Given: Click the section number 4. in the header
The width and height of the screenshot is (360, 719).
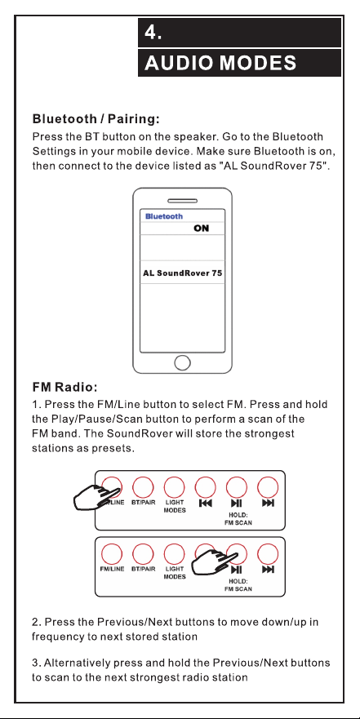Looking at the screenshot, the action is click(x=153, y=33).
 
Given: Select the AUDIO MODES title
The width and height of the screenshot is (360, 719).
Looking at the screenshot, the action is click(x=220, y=63).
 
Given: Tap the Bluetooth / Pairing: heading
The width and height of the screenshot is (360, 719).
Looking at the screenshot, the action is click(x=96, y=120).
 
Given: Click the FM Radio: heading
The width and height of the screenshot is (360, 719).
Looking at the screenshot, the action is click(x=64, y=388).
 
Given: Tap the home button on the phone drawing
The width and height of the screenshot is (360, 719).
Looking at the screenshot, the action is click(x=183, y=362).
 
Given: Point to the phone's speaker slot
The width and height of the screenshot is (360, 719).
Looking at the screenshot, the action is click(x=183, y=201).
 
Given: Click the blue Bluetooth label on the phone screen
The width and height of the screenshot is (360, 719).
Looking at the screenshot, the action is click(x=164, y=216).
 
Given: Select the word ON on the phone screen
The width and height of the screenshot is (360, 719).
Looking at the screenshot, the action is click(x=202, y=228).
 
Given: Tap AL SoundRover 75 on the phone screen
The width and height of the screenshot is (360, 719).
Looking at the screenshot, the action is click(x=183, y=273).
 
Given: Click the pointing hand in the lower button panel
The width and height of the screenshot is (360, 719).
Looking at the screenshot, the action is click(x=215, y=562).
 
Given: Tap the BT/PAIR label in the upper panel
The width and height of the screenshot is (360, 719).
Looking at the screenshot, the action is click(x=143, y=503).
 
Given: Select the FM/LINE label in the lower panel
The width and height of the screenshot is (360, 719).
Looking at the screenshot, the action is click(x=112, y=569).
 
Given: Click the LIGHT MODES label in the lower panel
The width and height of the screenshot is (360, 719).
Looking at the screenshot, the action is click(x=174, y=573).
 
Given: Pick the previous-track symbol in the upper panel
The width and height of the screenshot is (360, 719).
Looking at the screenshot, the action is click(x=206, y=504).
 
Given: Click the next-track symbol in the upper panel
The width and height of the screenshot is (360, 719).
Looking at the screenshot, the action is click(x=269, y=504).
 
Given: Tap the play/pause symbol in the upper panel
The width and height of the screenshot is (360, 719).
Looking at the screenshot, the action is click(x=237, y=504).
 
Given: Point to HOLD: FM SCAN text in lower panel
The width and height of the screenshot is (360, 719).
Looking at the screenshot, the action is click(x=238, y=585).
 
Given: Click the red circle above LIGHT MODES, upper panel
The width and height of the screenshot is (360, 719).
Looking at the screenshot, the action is click(x=174, y=487).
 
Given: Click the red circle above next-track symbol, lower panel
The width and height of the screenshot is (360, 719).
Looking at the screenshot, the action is click(x=268, y=553).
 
